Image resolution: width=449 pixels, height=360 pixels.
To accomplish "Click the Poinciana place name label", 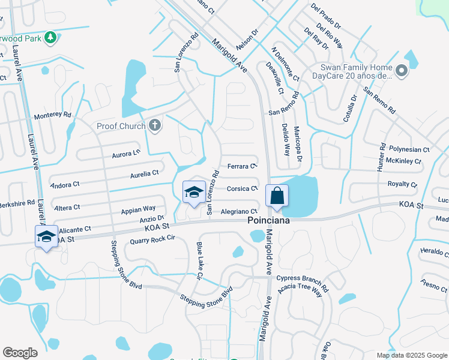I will (x=270, y=221).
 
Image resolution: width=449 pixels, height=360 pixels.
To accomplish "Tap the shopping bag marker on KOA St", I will (x=277, y=196).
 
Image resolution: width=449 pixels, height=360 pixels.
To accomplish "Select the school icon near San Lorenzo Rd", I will (x=194, y=192).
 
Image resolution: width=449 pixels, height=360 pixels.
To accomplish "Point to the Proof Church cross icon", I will (x=155, y=125).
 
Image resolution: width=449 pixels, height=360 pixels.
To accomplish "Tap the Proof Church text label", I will (x=121, y=126).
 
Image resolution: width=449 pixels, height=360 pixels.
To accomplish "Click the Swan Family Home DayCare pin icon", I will (x=402, y=73).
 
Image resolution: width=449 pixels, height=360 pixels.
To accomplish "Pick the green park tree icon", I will (x=51, y=38).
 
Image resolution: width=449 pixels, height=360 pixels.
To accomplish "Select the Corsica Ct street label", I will (x=243, y=188).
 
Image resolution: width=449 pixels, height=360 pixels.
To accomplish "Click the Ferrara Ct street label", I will (x=243, y=166).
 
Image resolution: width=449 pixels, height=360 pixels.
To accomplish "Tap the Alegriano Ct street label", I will (x=239, y=211).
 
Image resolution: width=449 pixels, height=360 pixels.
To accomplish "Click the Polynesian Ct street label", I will (x=409, y=149).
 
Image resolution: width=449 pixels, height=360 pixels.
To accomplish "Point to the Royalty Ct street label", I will (x=402, y=184).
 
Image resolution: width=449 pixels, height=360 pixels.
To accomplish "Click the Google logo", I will (x=20, y=353).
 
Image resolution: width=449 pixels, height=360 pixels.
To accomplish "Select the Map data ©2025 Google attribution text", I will (x=411, y=355).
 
